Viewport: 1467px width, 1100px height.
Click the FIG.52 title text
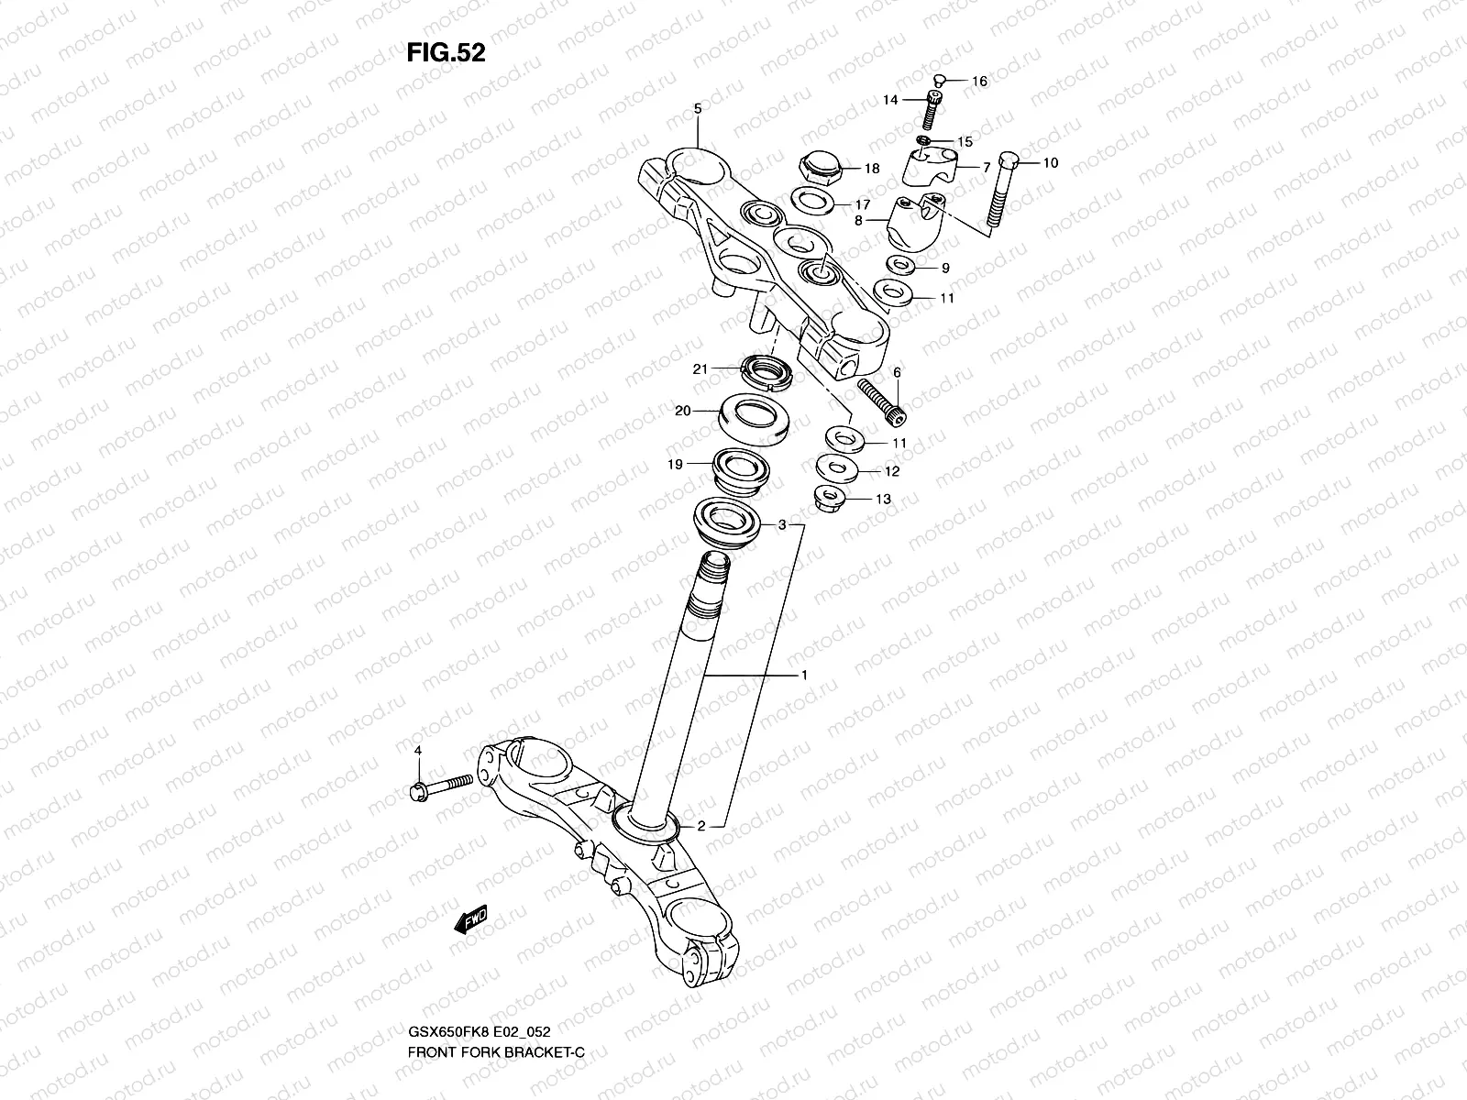446,53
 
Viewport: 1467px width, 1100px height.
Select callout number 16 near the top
979,82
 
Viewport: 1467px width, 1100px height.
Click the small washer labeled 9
897,267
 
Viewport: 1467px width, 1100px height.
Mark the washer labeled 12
835,468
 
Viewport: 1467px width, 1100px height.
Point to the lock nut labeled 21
766,371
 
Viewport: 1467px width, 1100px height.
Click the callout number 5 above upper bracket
697,108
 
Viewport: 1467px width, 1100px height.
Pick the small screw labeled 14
932,111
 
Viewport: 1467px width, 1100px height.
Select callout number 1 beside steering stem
803,675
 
